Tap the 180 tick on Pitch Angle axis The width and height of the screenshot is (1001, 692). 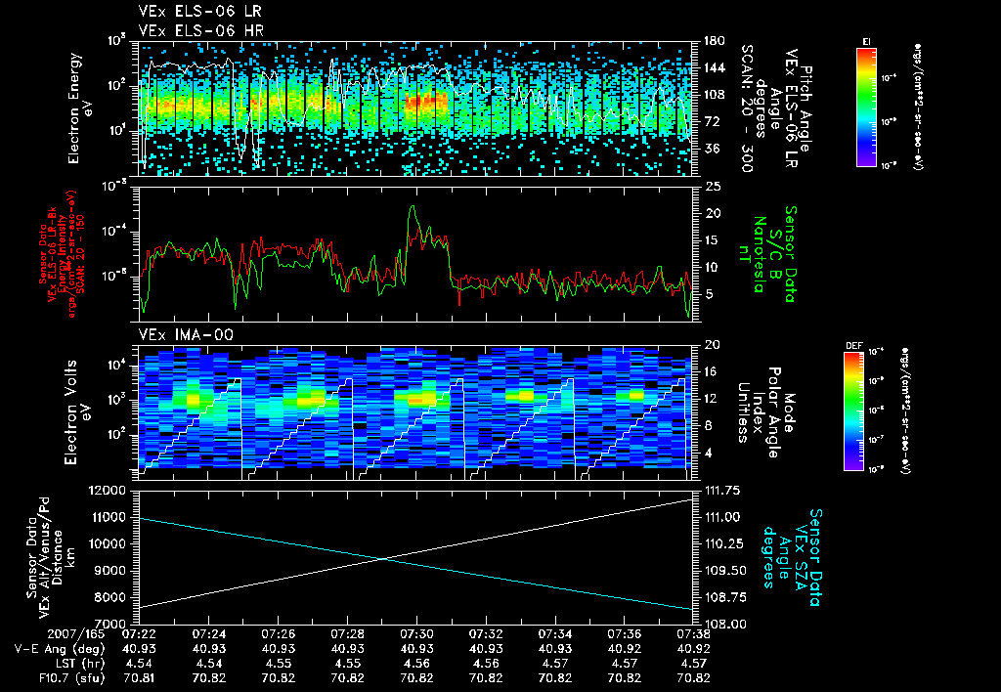pos(713,41)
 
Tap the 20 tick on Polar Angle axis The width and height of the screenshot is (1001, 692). pos(711,344)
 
